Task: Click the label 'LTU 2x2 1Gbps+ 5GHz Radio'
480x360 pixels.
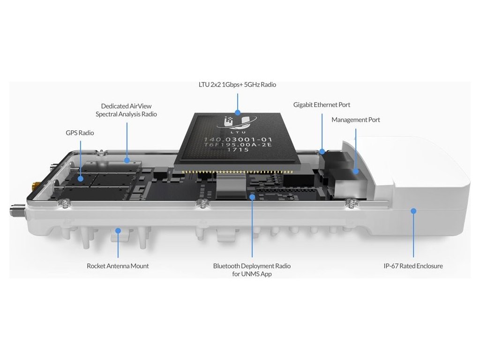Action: pyautogui.click(x=237, y=85)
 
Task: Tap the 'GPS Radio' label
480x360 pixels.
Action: pyautogui.click(x=80, y=133)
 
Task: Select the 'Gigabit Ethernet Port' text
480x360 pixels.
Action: pyautogui.click(x=322, y=105)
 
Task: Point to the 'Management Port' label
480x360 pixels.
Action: pyautogui.click(x=356, y=120)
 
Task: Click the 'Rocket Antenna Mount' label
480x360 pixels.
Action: pyautogui.click(x=118, y=266)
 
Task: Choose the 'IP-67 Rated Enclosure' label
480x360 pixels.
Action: pyautogui.click(x=413, y=266)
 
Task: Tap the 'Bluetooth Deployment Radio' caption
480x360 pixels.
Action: pyautogui.click(x=252, y=266)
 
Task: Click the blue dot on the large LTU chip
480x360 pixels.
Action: pyautogui.click(x=238, y=112)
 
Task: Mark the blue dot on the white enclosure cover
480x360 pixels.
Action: pyautogui.click(x=413, y=211)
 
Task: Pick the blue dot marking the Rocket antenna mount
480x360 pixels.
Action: pyautogui.click(x=118, y=230)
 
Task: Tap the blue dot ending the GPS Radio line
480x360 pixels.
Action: pyautogui.click(x=80, y=178)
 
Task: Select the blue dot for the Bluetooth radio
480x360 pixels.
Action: pyautogui.click(x=252, y=197)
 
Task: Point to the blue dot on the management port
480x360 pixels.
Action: pyautogui.click(x=356, y=171)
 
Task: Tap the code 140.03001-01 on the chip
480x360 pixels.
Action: pyautogui.click(x=235, y=139)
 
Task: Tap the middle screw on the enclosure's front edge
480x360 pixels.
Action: pyautogui.click(x=202, y=203)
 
